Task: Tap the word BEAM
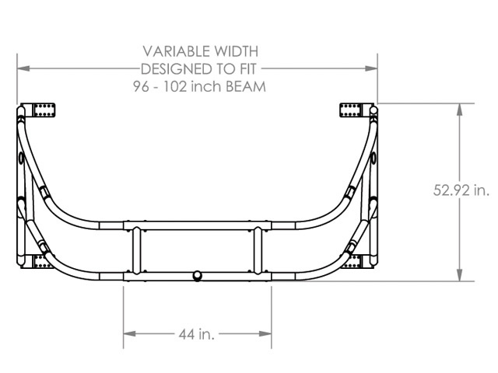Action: click(x=246, y=86)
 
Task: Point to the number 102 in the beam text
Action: click(x=175, y=86)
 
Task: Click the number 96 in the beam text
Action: click(x=141, y=86)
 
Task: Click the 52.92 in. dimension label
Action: click(x=461, y=190)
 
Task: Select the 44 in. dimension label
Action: click(x=197, y=334)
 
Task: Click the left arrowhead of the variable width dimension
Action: click(x=23, y=68)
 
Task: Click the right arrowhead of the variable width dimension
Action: click(x=371, y=68)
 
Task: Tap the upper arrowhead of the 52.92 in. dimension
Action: click(x=459, y=110)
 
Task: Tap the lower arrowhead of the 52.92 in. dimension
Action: click(x=459, y=275)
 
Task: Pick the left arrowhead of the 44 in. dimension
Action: click(x=130, y=333)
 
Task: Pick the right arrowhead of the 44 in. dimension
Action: click(x=265, y=333)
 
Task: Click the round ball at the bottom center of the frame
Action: click(x=197, y=276)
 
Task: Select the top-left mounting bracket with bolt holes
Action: click(x=44, y=110)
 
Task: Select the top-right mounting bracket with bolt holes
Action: click(x=351, y=110)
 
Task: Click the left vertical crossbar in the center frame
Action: click(x=137, y=250)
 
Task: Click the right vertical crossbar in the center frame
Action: click(x=258, y=250)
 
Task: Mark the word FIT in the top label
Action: click(x=248, y=69)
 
